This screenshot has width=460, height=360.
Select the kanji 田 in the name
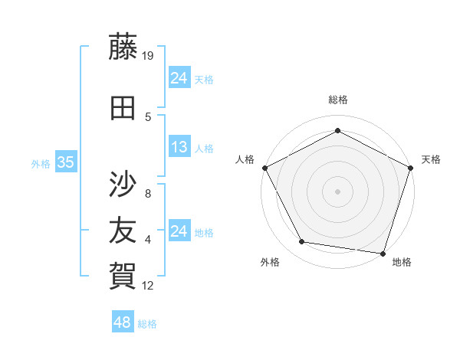point(123,109)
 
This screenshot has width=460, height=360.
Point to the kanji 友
point(123,229)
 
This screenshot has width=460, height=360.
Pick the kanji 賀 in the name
point(123,273)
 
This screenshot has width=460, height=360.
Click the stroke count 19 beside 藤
point(149,56)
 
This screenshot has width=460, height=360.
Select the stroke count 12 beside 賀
point(149,286)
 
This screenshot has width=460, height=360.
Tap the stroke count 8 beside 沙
point(148,194)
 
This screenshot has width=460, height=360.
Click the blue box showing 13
point(179,147)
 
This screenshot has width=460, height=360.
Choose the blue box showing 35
point(65,162)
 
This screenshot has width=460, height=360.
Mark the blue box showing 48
point(122,322)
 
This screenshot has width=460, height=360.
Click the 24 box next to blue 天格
point(179,78)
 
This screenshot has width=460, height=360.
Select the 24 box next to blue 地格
point(179,231)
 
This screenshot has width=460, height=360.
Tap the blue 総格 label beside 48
point(147,324)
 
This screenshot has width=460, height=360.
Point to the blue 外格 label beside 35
point(41,163)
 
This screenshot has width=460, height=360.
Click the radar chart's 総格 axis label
point(337,100)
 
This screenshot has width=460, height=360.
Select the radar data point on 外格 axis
point(302,242)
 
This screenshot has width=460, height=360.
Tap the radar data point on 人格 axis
point(264,167)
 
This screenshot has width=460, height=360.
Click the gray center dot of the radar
point(337,191)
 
